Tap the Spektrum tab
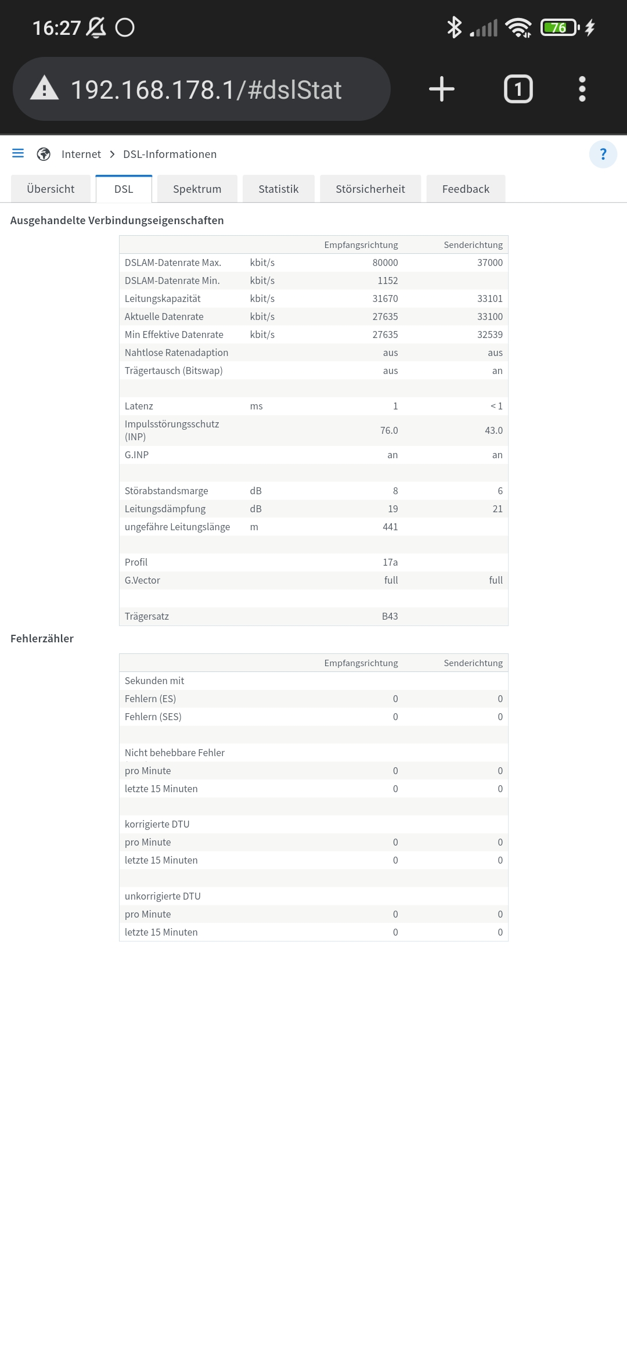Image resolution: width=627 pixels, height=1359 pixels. click(197, 189)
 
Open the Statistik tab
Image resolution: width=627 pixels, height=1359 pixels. click(278, 189)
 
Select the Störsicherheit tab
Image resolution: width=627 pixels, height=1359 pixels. click(370, 189)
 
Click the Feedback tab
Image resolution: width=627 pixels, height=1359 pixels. click(466, 189)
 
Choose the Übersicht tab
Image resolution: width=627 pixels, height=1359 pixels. click(51, 189)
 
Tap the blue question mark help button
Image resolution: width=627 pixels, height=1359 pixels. click(603, 154)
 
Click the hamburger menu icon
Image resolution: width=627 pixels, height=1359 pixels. click(18, 153)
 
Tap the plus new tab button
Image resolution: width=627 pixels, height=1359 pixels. click(442, 89)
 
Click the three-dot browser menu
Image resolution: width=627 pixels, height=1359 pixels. click(582, 89)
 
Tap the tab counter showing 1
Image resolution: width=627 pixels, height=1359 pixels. click(518, 89)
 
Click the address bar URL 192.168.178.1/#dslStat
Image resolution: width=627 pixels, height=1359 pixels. click(206, 90)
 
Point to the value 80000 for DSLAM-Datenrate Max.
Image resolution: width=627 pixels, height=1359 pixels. click(385, 263)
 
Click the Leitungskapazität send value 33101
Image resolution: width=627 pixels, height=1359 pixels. click(489, 299)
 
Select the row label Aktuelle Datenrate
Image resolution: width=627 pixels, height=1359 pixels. click(164, 317)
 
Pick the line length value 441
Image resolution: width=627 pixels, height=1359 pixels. click(390, 527)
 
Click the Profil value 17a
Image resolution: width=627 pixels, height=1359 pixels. click(390, 562)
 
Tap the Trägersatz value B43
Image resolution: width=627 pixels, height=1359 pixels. click(390, 616)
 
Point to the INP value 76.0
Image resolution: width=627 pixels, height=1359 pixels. click(389, 430)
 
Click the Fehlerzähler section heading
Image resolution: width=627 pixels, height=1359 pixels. click(42, 638)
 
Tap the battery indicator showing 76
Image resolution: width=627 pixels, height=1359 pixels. click(559, 27)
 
